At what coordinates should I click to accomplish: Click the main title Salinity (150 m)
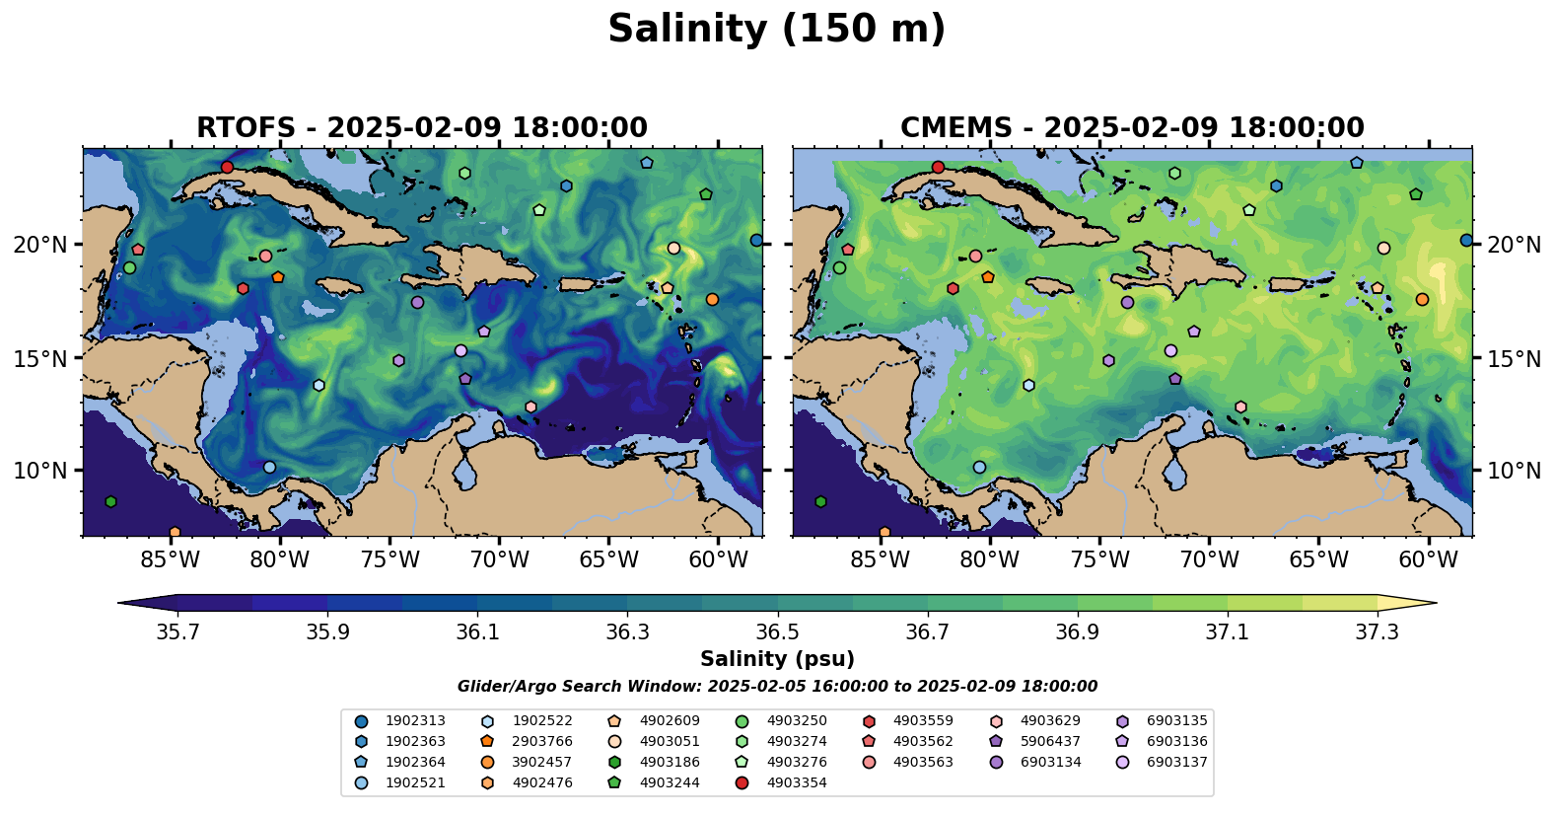pos(776,30)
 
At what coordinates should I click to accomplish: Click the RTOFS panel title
pos(422,128)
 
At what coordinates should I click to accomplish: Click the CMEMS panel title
pos(1132,128)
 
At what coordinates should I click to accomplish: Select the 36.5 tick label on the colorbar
pos(777,631)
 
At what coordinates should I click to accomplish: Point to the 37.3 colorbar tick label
pos(1377,631)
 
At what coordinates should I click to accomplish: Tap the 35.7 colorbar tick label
pos(177,631)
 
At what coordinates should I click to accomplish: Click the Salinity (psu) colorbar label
pos(777,659)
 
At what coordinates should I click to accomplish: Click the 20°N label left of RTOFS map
pos(40,245)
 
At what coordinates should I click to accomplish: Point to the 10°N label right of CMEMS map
pos(1514,471)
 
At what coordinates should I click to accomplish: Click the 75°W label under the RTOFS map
pos(389,560)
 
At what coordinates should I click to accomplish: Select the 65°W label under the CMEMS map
pos(1318,560)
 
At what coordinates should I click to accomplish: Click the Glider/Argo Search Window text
pos(777,687)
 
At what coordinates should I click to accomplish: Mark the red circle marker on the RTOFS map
pos(228,167)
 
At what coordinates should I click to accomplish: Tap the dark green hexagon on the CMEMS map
pos(820,502)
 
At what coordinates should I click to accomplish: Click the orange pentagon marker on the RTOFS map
pos(278,277)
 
